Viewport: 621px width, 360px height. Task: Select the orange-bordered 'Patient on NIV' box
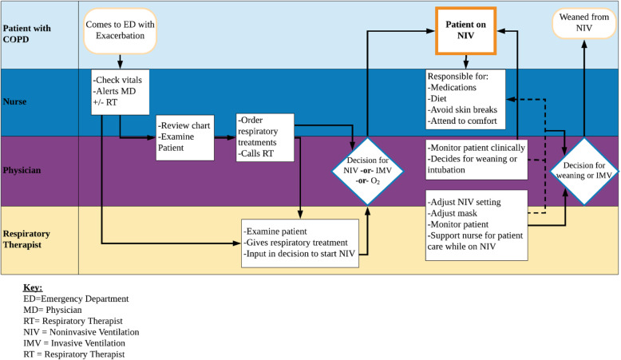(x=465, y=30)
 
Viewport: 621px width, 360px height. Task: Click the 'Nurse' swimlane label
(x=17, y=103)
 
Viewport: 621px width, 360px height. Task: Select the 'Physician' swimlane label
(x=23, y=170)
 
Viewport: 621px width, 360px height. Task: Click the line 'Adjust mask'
(x=454, y=215)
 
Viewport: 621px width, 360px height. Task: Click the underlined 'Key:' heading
(x=34, y=286)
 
